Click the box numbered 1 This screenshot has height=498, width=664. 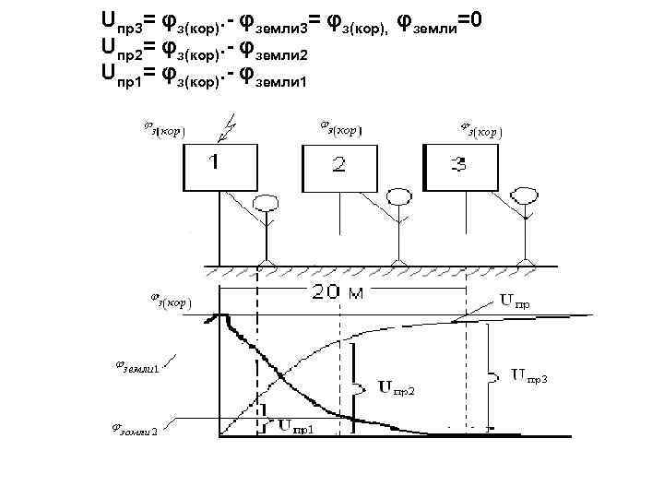pos(219,168)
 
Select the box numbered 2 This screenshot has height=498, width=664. pos(339,168)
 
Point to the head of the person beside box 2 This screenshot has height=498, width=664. pos(399,196)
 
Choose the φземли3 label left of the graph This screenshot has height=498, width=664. pos(136,433)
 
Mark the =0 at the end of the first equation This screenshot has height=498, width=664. pos(491,18)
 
